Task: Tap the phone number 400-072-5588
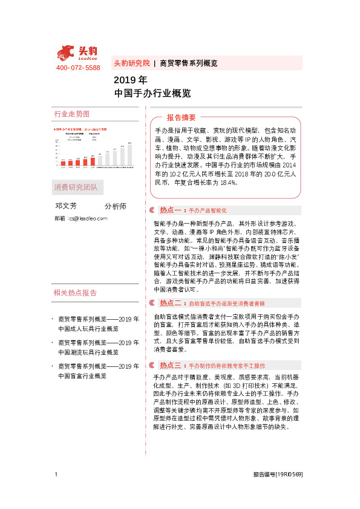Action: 78,68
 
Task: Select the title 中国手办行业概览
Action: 152,93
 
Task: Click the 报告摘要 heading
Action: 181,117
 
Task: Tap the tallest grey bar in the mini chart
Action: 129,154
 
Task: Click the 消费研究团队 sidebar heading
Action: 76,186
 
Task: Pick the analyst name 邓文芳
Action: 66,206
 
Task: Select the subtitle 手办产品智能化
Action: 208,211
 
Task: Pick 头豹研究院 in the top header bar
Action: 131,63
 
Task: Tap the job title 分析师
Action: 116,206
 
